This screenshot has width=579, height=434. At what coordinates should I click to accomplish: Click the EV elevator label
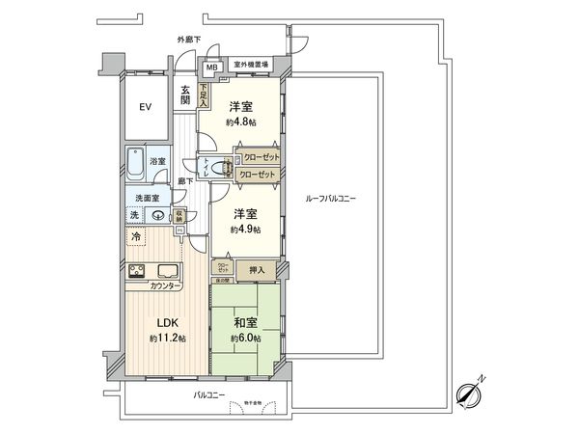(146, 107)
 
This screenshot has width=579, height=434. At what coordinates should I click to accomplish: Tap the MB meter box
(210, 68)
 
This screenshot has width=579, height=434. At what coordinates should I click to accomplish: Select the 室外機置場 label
(251, 65)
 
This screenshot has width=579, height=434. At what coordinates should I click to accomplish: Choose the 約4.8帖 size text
(240, 123)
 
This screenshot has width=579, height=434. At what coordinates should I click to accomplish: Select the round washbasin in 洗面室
(157, 216)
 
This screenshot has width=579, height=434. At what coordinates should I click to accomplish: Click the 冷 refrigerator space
(135, 236)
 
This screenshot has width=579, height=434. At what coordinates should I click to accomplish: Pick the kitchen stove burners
(136, 270)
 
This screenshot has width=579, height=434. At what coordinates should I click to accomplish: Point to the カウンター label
(167, 286)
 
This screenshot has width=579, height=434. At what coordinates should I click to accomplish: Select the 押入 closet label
(257, 270)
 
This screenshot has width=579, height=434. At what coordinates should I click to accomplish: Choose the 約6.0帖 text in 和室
(245, 339)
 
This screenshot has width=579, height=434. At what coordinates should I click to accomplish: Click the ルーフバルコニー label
(330, 198)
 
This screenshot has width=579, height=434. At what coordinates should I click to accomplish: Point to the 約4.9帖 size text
(244, 231)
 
